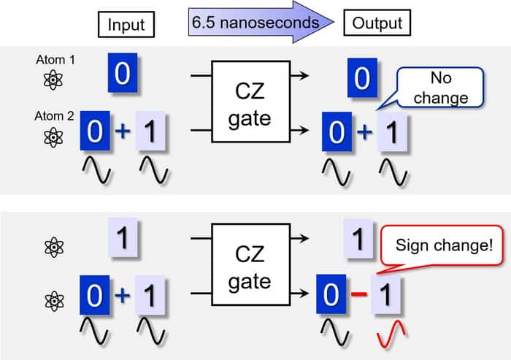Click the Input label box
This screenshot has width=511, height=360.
pyautogui.click(x=126, y=24)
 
